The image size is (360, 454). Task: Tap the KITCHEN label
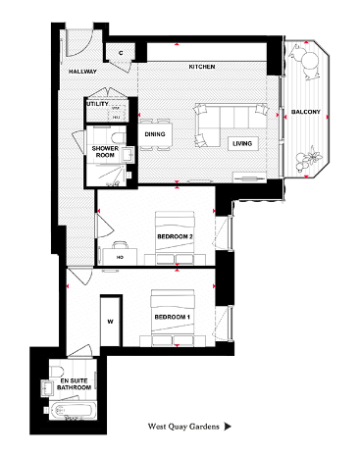pyautogui.click(x=202, y=67)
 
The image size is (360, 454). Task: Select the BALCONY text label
pyautogui.click(x=306, y=112)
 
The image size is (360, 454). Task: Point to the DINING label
pyautogui.click(x=155, y=133)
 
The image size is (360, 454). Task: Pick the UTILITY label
pyautogui.click(x=97, y=103)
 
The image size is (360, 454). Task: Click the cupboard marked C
pyautogui.click(x=120, y=52)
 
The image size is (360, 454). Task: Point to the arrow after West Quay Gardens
pyautogui.click(x=228, y=428)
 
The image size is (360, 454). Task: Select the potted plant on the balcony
pyautogui.click(x=312, y=154)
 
